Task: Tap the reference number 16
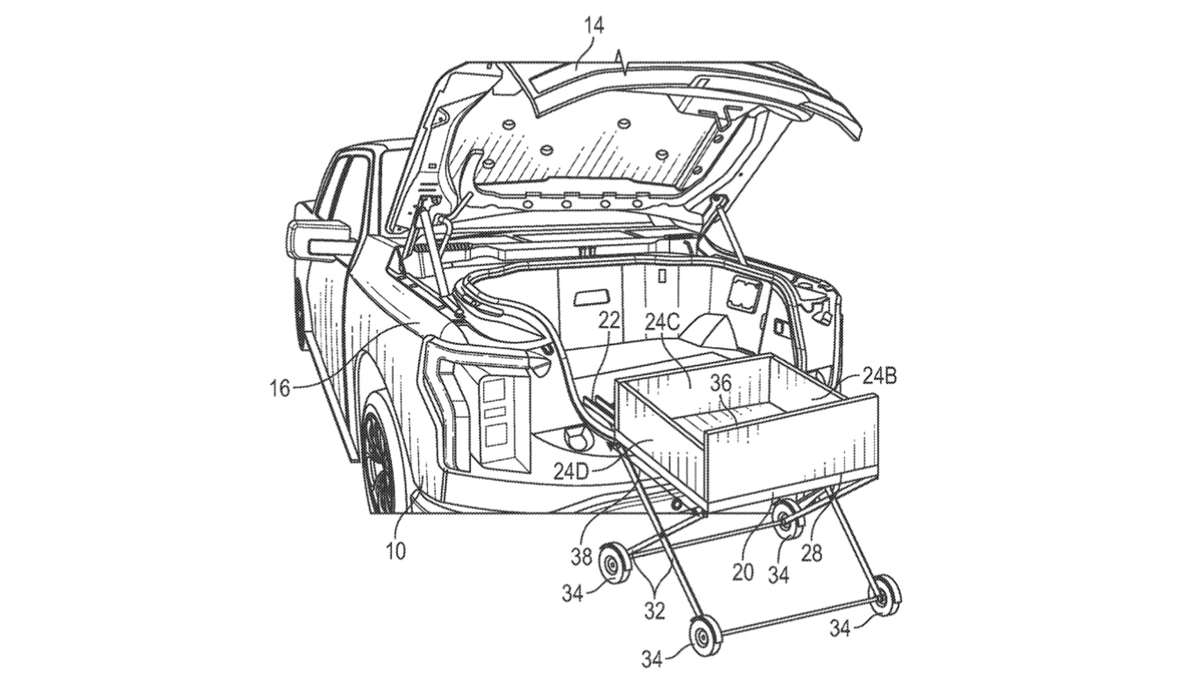tap(280, 388)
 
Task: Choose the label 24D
tap(571, 472)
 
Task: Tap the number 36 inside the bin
tap(721, 383)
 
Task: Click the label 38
tap(581, 556)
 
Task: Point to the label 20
tap(743, 573)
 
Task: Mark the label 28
tap(811, 553)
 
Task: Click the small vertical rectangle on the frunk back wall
tap(663, 276)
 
